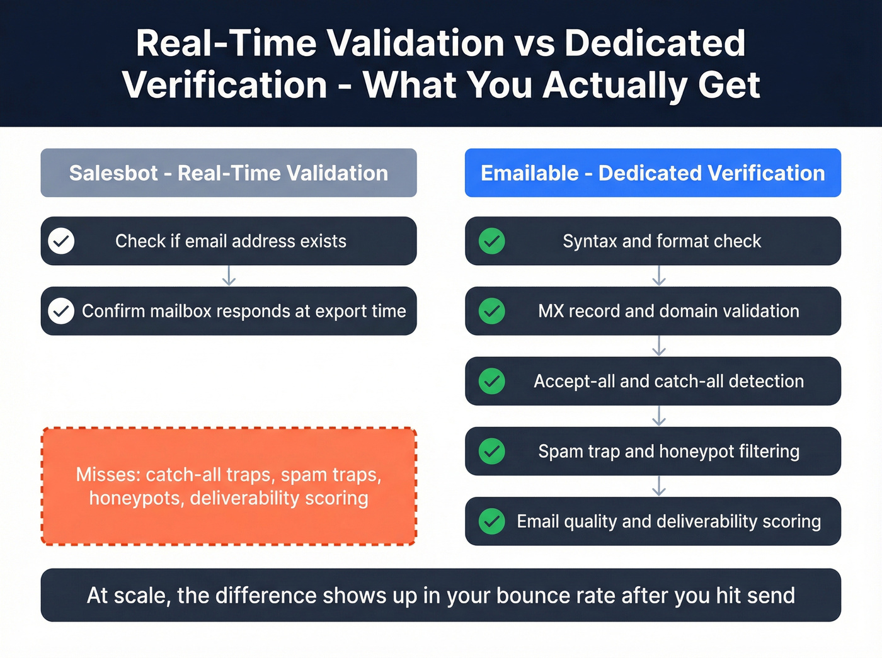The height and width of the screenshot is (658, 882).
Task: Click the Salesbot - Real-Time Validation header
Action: [x=228, y=173]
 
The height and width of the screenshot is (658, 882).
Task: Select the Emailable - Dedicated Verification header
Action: [x=653, y=173]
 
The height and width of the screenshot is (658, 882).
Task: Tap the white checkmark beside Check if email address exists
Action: [x=61, y=241]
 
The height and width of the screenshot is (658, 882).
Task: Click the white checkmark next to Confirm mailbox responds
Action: [x=61, y=311]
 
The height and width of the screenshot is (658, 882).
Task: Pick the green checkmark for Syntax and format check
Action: [x=491, y=241]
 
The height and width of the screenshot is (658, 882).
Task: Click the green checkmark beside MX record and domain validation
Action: [x=491, y=311]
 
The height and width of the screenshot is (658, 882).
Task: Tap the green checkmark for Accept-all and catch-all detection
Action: [x=491, y=381]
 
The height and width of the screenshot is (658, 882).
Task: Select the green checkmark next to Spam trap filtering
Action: [x=491, y=451]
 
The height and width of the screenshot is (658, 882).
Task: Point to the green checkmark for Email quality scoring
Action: [x=491, y=521]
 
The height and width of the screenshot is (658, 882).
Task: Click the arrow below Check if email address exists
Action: [x=229, y=276]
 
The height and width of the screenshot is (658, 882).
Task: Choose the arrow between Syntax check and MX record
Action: [x=659, y=276]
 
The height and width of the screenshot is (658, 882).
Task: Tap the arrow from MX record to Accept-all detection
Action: [x=659, y=346]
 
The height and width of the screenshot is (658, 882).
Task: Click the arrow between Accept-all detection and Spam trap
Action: [x=659, y=416]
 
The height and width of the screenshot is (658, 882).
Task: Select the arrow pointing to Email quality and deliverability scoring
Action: [x=659, y=486]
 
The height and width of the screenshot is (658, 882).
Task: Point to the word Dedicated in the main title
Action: [x=655, y=43]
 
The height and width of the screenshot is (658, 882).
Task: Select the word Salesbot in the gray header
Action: [x=113, y=173]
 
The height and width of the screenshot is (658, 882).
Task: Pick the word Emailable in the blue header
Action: [x=529, y=173]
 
